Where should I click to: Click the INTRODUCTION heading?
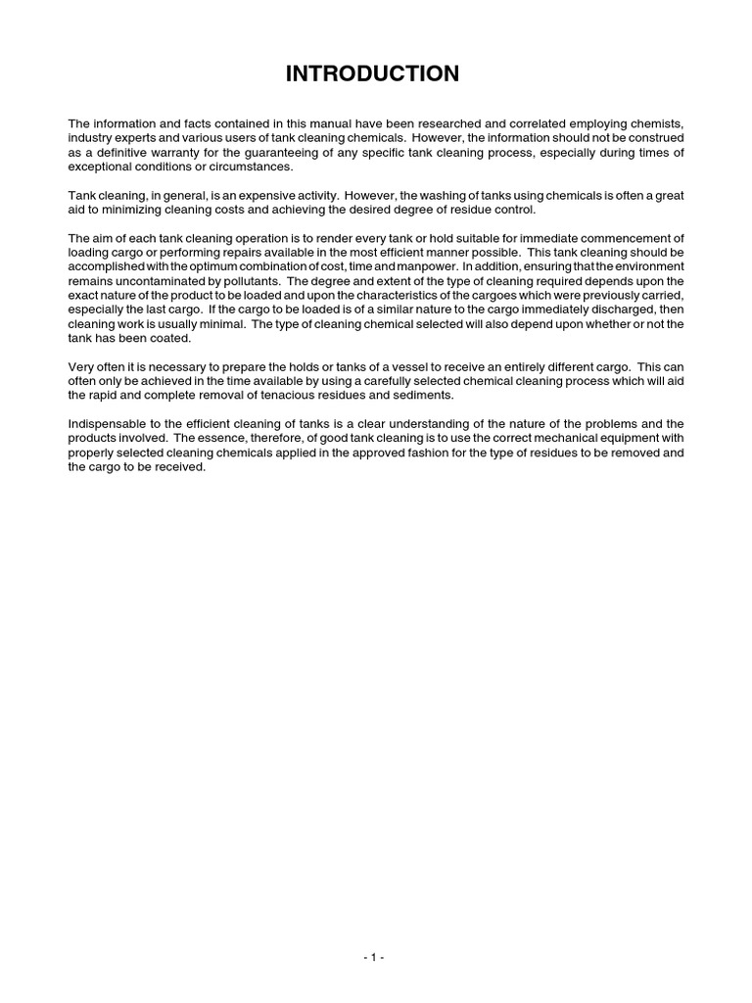pyautogui.click(x=372, y=73)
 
